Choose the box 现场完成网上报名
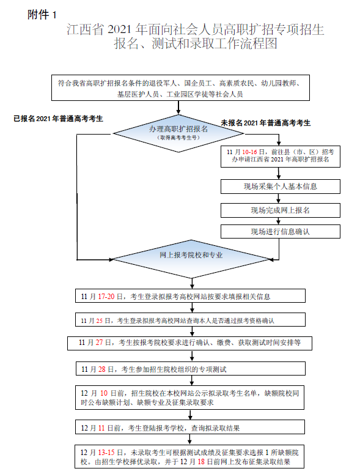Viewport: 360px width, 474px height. click(x=280, y=210)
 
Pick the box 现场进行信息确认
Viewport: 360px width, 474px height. click(x=280, y=232)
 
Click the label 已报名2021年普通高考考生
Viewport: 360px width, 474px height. click(x=58, y=119)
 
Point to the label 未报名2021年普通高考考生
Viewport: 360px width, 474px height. click(x=265, y=123)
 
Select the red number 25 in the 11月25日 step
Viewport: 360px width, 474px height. click(x=101, y=320)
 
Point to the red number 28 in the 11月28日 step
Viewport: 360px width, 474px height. click(x=101, y=369)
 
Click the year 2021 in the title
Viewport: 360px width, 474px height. click(x=119, y=29)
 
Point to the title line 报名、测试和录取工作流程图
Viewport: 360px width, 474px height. click(x=195, y=45)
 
